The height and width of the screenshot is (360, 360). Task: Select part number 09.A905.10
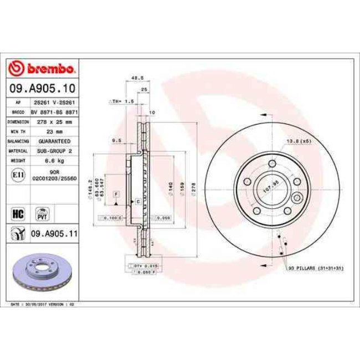click(x=42, y=88)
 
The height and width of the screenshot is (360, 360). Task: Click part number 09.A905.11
click(x=53, y=234)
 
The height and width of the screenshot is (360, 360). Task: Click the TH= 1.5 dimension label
click(x=122, y=102)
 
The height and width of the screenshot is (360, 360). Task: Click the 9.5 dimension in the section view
click(x=116, y=141)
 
